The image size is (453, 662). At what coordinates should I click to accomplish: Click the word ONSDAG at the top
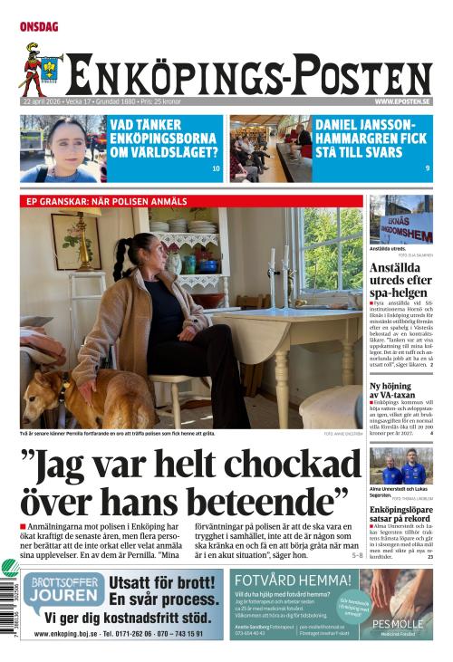point(39,27)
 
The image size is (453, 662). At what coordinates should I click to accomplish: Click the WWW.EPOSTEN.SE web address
point(402,102)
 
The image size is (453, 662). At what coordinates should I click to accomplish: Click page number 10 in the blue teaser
point(216,168)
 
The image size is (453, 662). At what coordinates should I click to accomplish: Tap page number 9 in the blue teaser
point(428,168)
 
